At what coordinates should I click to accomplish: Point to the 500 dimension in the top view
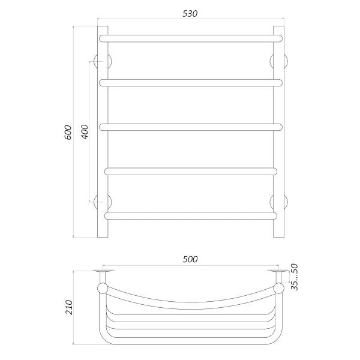pos(190,259)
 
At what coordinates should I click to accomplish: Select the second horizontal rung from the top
pos(191,82)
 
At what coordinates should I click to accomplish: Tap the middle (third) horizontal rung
pos(191,126)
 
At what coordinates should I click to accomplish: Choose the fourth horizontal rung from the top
pos(191,171)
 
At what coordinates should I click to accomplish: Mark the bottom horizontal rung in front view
pos(191,214)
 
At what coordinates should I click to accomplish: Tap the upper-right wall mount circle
pos(280,61)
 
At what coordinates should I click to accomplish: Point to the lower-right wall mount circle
pos(280,202)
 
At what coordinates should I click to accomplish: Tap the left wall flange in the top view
pos(103,274)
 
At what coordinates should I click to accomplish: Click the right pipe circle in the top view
pos(278,289)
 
